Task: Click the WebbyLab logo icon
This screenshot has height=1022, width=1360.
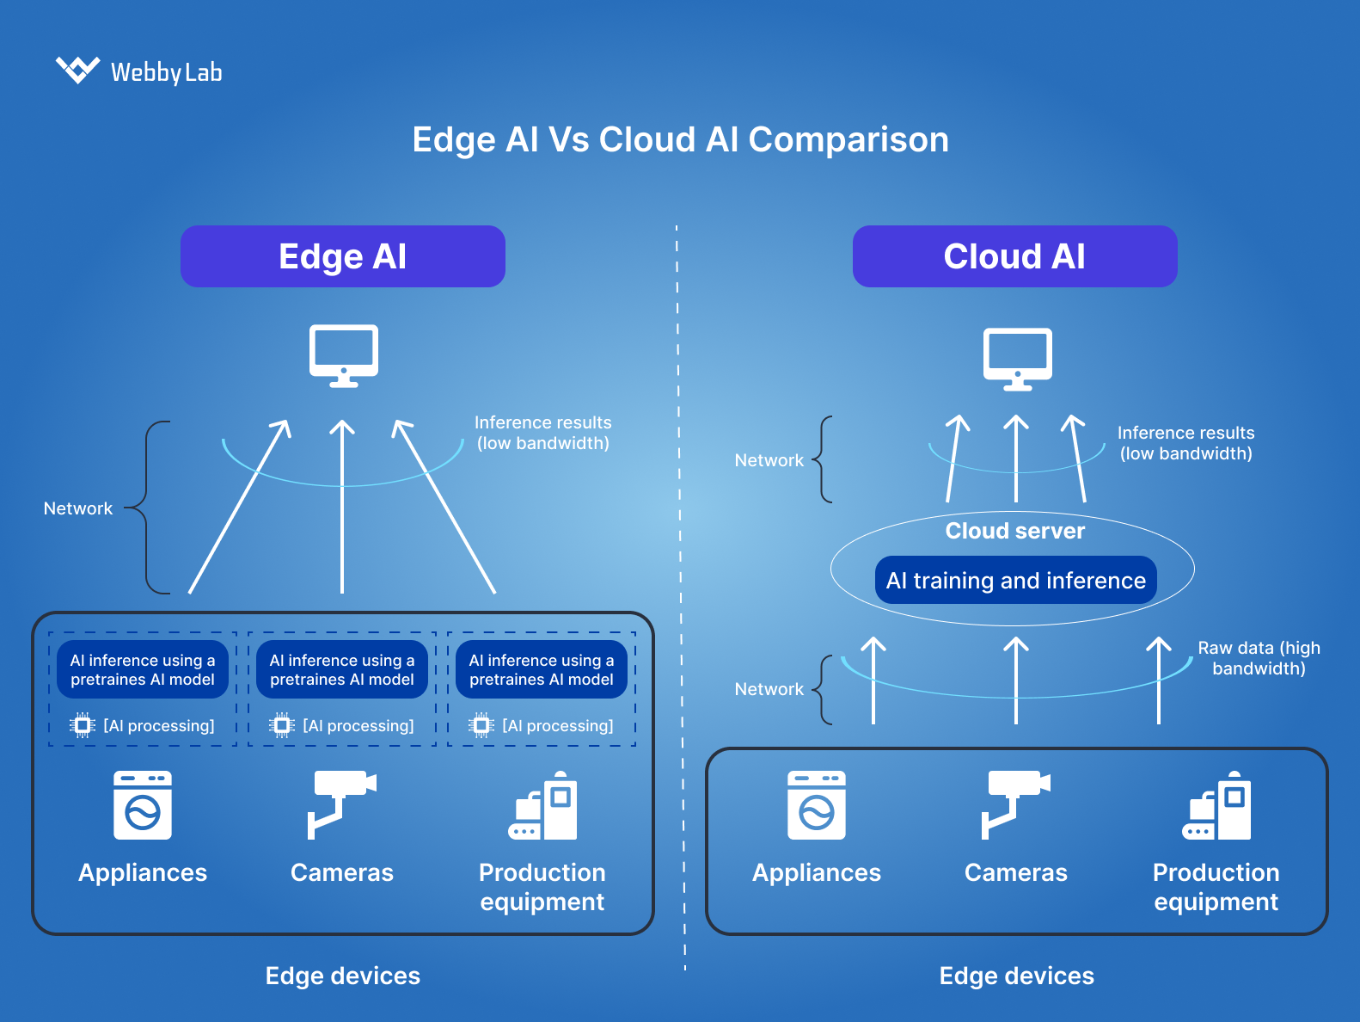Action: (x=77, y=70)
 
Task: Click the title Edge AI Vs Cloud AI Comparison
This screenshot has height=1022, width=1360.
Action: (x=680, y=139)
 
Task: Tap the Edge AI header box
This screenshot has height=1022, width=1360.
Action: (x=342, y=256)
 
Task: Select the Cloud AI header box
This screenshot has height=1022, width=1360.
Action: (x=1014, y=256)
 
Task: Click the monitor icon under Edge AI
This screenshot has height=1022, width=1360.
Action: (x=343, y=354)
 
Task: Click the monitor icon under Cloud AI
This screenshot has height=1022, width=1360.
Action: (x=1017, y=358)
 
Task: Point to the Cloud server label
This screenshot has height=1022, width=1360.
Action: (x=1014, y=531)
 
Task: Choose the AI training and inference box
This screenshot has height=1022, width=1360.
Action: (x=1015, y=581)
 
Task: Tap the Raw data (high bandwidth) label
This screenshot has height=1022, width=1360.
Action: (x=1259, y=658)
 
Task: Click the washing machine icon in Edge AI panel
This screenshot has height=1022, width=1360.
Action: (x=143, y=805)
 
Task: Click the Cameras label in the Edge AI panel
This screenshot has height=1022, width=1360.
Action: (x=341, y=872)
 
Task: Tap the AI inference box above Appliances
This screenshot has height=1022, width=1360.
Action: (x=143, y=669)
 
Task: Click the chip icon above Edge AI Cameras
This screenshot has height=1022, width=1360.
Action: (x=282, y=725)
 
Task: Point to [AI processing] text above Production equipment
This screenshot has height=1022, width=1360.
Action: (x=557, y=725)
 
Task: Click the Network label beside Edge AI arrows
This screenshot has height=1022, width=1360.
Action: (x=78, y=508)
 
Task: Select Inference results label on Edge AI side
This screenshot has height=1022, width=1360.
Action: (x=542, y=433)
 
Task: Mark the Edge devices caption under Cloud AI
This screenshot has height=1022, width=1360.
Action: (x=1016, y=976)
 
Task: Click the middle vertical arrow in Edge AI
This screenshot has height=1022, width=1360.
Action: (x=342, y=508)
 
